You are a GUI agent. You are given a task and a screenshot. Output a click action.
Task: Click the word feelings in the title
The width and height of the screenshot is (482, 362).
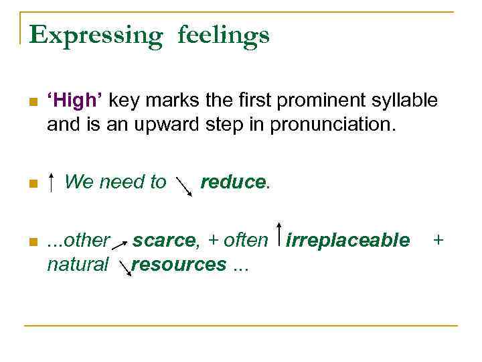(x=224, y=35)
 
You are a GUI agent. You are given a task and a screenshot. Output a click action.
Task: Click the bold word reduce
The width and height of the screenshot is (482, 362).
(x=234, y=182)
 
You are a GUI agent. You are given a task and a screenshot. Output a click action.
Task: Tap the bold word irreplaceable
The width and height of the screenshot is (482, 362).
(x=347, y=240)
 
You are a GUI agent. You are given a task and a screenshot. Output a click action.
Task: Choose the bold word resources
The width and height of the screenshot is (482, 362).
(x=179, y=264)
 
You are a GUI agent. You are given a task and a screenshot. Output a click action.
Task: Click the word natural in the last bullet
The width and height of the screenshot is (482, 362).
(x=78, y=264)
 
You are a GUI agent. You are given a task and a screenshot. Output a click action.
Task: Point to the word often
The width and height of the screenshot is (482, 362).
(x=246, y=240)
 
